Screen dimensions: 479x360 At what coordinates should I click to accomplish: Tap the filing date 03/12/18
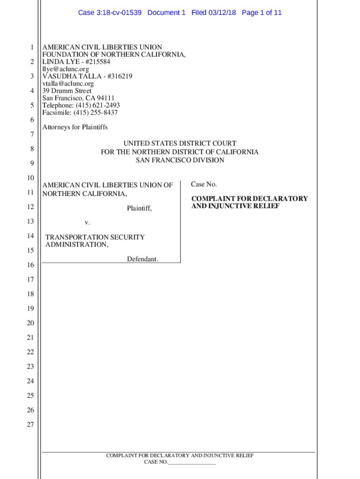[222, 13]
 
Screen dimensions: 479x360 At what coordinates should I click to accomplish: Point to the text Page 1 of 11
[262, 13]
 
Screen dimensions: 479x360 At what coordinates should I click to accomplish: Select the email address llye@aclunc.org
[65, 69]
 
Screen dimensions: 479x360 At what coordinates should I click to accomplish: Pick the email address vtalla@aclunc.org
[68, 84]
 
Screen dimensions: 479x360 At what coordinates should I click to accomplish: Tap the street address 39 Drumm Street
[67, 91]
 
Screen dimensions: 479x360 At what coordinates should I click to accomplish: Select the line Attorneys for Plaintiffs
[75, 127]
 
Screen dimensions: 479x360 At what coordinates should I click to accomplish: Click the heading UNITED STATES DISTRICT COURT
[180, 144]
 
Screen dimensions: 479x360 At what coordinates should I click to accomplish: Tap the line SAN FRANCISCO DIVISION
[180, 160]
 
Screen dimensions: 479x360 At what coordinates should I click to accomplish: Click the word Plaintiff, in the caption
[139, 208]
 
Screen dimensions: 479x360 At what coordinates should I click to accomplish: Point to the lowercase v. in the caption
[87, 223]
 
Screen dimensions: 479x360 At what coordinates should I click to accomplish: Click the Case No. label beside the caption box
[204, 184]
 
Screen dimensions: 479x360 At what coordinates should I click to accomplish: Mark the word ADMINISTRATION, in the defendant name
[77, 245]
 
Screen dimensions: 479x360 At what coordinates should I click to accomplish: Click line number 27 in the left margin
[30, 425]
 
